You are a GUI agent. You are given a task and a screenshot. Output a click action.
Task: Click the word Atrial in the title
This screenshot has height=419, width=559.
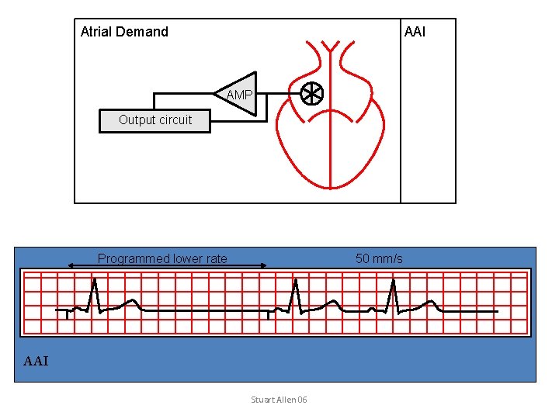tap(97, 32)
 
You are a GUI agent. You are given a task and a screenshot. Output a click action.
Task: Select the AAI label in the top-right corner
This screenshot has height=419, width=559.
tap(415, 32)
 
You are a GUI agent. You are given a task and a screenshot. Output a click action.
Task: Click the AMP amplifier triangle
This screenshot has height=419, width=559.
tap(238, 95)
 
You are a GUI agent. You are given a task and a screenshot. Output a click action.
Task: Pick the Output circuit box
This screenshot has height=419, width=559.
tap(155, 120)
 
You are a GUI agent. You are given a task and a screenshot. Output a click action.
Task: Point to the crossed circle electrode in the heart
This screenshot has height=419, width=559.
tap(312, 94)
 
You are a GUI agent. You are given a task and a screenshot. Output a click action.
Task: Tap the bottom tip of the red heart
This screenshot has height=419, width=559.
tap(330, 187)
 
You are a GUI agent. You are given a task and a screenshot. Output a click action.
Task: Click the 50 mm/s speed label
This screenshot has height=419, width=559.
tap(379, 259)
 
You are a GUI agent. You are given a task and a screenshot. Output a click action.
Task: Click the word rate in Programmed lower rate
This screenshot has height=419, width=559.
tap(216, 259)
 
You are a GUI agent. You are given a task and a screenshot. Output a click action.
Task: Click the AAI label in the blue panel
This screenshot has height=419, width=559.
tap(36, 361)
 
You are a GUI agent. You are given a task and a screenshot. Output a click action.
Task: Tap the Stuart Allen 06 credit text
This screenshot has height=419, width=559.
tap(279, 400)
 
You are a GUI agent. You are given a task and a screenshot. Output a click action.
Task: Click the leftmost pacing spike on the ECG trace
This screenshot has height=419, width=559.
tap(68, 314)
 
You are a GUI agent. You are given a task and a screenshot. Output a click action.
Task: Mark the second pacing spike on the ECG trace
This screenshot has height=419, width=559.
tap(269, 314)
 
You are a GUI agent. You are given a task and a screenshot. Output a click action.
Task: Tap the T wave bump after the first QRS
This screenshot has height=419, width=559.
tap(133, 302)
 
